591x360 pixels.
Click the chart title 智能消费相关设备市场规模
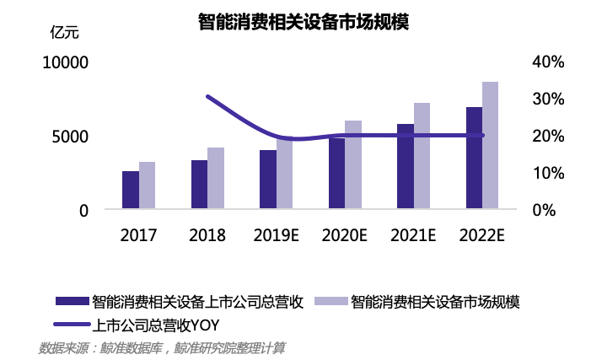click(304, 22)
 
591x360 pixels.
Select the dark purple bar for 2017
click(131, 190)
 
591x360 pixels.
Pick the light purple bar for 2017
click(148, 185)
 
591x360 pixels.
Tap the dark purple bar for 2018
click(199, 185)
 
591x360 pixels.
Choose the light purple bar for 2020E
click(353, 165)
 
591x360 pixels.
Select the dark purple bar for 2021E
click(406, 166)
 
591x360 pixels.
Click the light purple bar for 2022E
click(490, 145)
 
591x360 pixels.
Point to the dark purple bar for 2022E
click(474, 158)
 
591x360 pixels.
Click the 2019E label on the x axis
click(277, 234)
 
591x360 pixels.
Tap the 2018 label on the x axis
click(207, 234)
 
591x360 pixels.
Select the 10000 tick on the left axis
click(66, 62)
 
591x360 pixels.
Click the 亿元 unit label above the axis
click(64, 33)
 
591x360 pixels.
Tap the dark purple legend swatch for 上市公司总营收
click(71, 301)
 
